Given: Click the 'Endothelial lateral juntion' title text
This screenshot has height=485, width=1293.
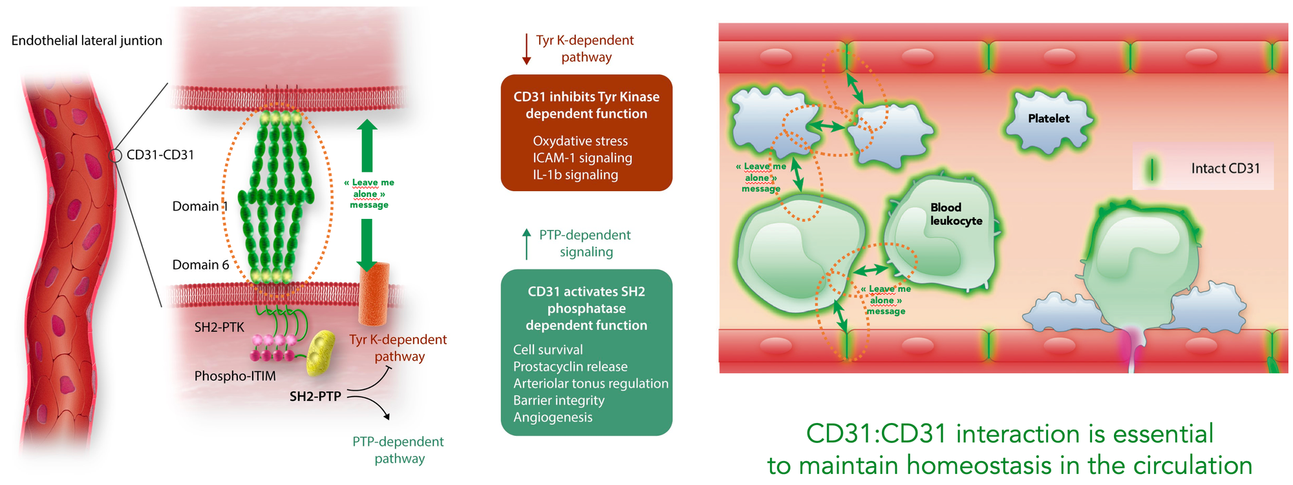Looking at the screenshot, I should click(x=87, y=41).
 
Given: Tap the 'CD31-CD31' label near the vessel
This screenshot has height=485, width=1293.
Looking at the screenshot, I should click(x=160, y=155).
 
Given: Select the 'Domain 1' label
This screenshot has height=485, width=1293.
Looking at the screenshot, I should click(x=199, y=207).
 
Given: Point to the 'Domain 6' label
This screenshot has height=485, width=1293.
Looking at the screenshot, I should click(x=200, y=265).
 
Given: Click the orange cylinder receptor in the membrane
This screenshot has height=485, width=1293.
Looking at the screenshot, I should click(x=374, y=294).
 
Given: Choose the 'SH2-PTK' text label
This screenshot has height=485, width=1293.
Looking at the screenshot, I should click(x=219, y=327).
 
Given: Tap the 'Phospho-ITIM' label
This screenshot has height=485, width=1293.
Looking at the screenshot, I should click(x=235, y=376).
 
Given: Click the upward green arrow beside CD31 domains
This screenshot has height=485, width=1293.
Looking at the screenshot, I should click(x=367, y=145).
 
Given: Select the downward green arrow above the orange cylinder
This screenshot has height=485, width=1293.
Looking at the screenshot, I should click(x=367, y=244).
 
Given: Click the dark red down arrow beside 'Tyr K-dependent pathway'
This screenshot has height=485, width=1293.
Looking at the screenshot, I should click(x=526, y=50).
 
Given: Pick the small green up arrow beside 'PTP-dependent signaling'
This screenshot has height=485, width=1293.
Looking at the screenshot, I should click(x=526, y=243).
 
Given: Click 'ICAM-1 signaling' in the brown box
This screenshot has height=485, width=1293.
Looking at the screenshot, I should click(x=582, y=158).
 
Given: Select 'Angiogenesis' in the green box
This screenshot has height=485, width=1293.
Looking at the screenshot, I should click(x=553, y=417).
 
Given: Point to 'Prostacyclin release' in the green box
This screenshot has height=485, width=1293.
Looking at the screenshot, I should click(x=570, y=367).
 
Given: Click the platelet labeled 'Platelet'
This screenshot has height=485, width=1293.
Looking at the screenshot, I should click(x=1048, y=119).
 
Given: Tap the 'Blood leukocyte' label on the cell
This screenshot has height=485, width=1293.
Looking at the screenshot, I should click(x=956, y=214).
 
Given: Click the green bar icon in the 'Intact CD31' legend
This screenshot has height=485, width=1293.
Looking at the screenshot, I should click(x=1151, y=169).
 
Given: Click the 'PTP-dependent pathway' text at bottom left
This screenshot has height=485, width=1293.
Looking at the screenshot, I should click(x=398, y=450).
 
